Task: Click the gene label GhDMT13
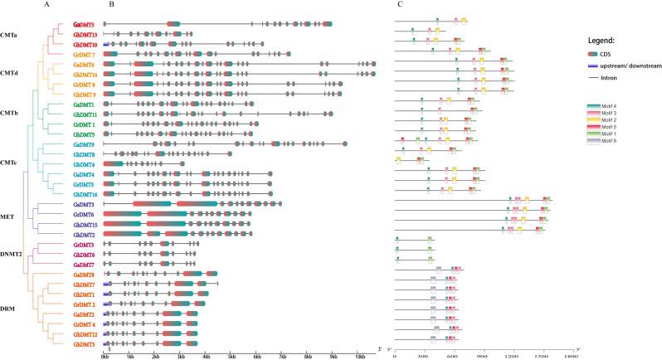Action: [85, 34]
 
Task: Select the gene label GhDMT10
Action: [85, 44]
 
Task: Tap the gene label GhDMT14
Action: [85, 75]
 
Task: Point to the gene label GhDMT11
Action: [85, 114]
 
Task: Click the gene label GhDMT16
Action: [85, 194]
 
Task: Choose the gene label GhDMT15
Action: [85, 225]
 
